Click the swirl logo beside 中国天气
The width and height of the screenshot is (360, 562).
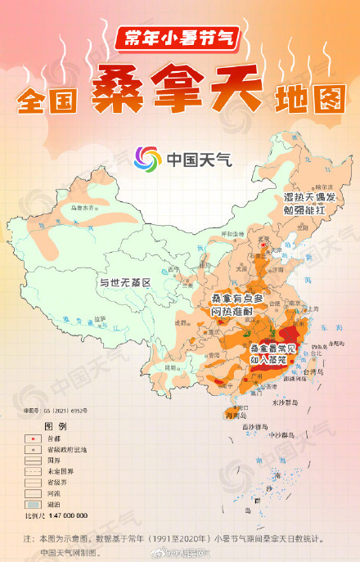pyautogui.click(x=148, y=158)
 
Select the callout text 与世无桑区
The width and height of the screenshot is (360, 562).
pyautogui.click(x=126, y=283)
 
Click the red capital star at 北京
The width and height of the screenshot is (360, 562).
pyautogui.click(x=263, y=243)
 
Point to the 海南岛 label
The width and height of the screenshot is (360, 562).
pyautogui.click(x=236, y=415)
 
